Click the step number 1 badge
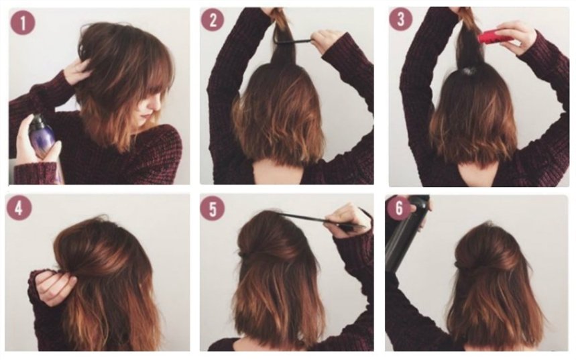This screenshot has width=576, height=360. point(23,23)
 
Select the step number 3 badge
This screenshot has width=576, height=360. point(401,19)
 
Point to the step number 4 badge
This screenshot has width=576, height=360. point(19,208)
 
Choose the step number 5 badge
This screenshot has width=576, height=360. point(213,208)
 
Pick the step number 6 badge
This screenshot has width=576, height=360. point(399,208)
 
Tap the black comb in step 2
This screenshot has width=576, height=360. point(293,40)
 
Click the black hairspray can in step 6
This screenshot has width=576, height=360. point(406,231)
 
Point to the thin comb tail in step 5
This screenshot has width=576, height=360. point(304,217)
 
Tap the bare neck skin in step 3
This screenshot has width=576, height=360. point(477,174)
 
